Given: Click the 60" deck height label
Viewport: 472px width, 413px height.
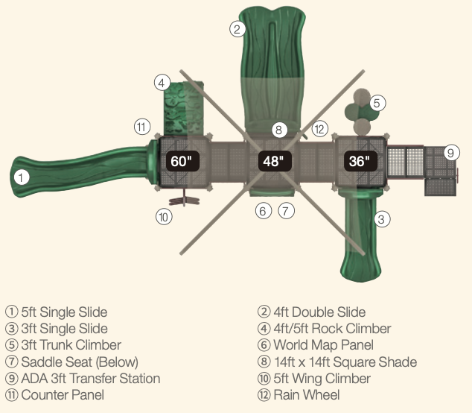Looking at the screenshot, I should pyautogui.click(x=181, y=161).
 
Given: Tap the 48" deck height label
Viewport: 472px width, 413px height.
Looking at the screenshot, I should pyautogui.click(x=272, y=161).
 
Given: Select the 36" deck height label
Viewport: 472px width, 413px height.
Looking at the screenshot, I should pyautogui.click(x=358, y=161).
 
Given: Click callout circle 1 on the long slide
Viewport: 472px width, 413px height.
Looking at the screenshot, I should pyautogui.click(x=22, y=177).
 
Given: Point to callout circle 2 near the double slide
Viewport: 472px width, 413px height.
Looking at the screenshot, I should pyautogui.click(x=237, y=29).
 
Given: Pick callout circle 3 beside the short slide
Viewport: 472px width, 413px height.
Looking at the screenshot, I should pyautogui.click(x=380, y=219).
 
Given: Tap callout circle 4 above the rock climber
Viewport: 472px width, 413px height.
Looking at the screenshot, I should pyautogui.click(x=163, y=82).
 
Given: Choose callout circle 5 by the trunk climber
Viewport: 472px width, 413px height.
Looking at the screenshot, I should pyautogui.click(x=377, y=103).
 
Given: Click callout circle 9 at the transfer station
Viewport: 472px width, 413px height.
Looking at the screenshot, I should pyautogui.click(x=450, y=153).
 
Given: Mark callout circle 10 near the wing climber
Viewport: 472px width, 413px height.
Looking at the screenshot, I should pyautogui.click(x=165, y=217).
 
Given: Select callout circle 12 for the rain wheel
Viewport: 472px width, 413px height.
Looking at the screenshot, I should pyautogui.click(x=319, y=129).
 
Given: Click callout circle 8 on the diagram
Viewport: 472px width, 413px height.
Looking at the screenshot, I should pyautogui.click(x=278, y=130).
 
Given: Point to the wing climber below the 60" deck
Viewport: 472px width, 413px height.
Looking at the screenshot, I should pyautogui.click(x=183, y=200).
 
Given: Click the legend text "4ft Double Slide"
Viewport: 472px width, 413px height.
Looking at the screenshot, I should pyautogui.click(x=318, y=312).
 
